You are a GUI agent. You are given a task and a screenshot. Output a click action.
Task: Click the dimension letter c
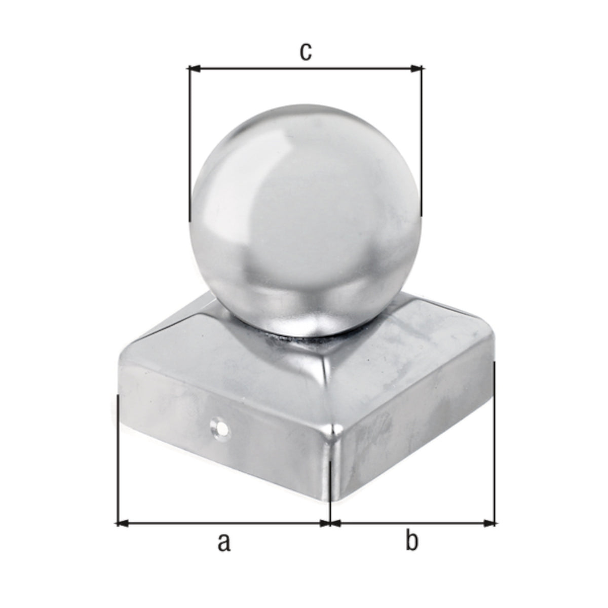[x=306, y=52]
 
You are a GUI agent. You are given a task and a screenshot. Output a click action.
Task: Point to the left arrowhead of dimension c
[x=194, y=68]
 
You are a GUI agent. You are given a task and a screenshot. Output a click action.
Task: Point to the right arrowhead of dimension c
[x=416, y=68]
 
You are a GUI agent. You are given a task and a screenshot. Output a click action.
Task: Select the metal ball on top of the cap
[x=305, y=221]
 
